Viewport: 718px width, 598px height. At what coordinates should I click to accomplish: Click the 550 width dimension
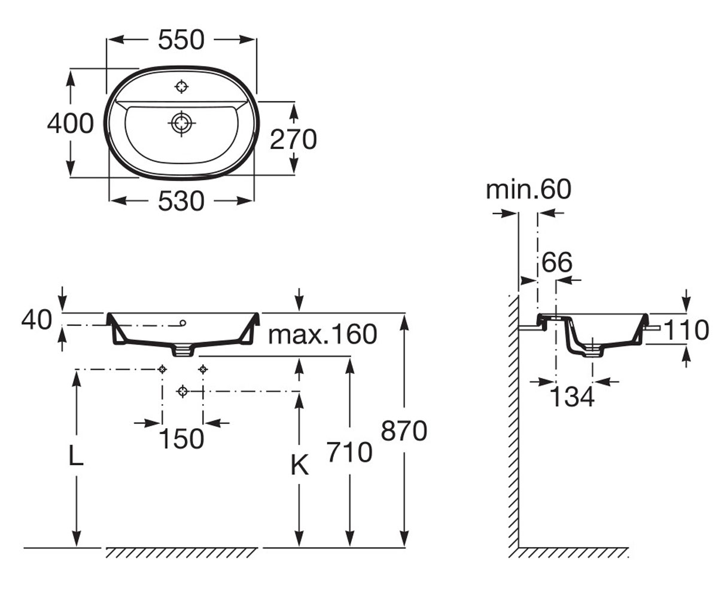(x=181, y=40)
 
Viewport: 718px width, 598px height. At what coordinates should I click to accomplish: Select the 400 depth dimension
(x=70, y=124)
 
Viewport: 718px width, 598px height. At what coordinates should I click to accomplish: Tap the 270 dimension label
(x=293, y=139)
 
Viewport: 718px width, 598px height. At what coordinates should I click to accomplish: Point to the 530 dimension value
(x=181, y=202)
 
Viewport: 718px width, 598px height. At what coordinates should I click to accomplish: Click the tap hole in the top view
(x=181, y=87)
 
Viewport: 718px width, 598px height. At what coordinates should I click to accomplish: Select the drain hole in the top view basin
(x=181, y=123)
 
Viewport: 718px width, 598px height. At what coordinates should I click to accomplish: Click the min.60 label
(x=528, y=190)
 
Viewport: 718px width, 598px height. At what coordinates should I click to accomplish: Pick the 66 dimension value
(x=556, y=263)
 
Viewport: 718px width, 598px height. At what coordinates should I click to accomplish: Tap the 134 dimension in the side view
(x=572, y=396)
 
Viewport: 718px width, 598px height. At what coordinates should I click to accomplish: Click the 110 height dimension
(x=687, y=329)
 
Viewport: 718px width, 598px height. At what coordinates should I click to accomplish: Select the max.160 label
(x=323, y=334)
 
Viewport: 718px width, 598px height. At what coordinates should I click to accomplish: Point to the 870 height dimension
(x=404, y=431)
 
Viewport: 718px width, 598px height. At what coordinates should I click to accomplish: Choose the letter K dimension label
(x=299, y=466)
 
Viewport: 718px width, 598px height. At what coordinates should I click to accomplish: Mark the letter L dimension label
(x=75, y=457)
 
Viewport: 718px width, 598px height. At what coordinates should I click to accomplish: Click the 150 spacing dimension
(x=181, y=440)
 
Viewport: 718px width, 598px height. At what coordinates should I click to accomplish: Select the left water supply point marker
(x=162, y=370)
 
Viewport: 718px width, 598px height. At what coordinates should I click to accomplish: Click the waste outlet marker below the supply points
(x=182, y=392)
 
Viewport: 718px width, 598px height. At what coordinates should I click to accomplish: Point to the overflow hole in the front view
(x=183, y=324)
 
